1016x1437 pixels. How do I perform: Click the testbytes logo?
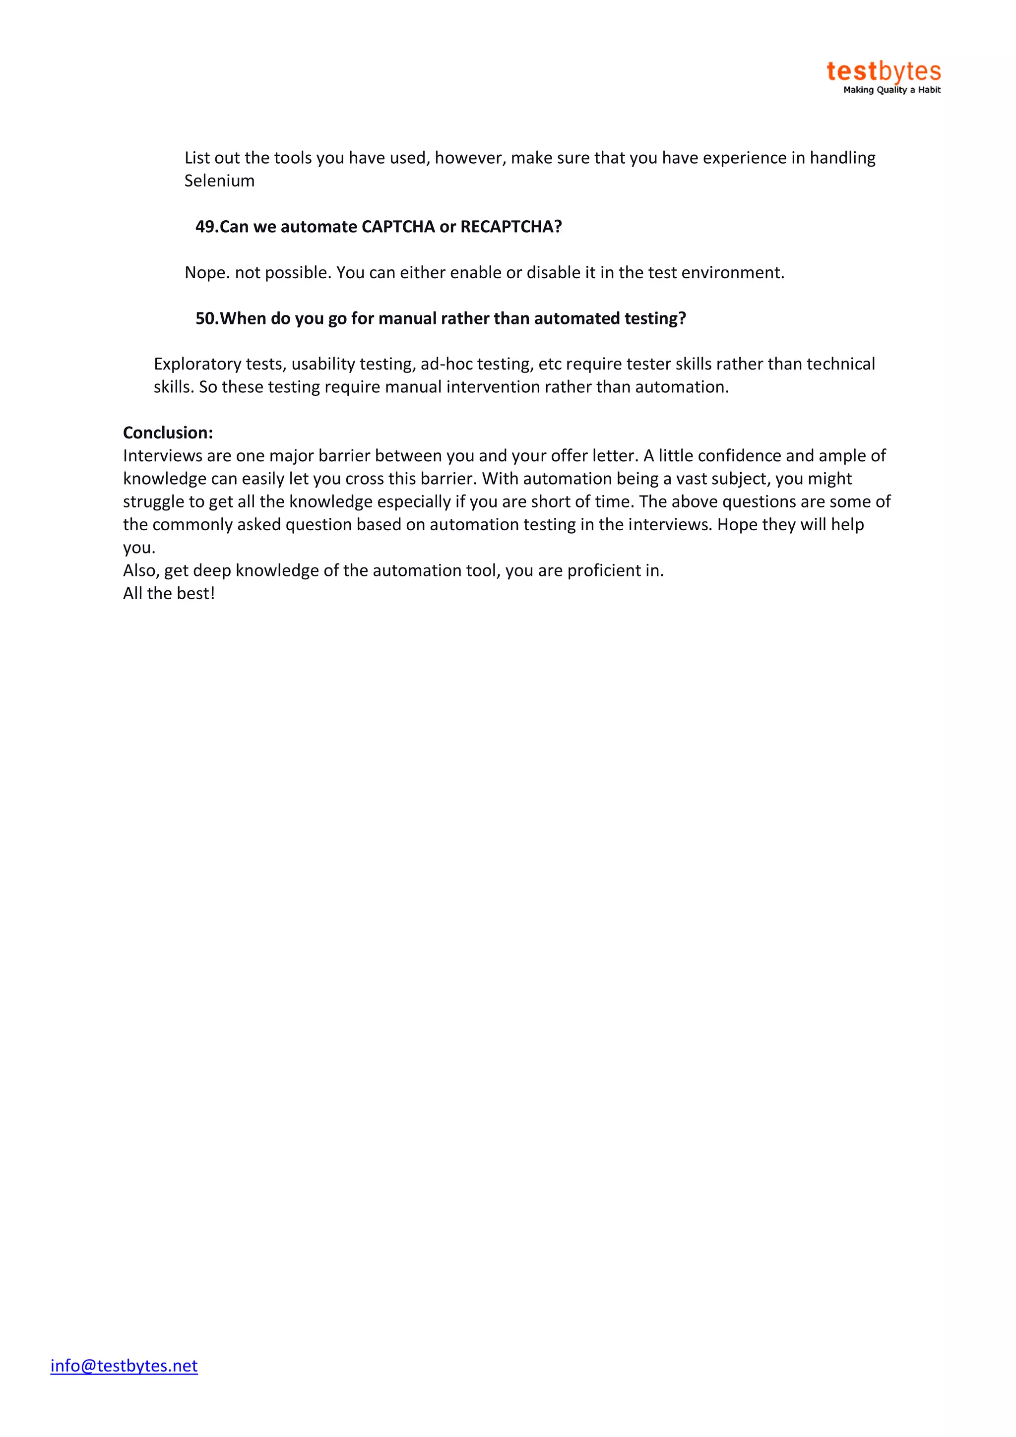(883, 71)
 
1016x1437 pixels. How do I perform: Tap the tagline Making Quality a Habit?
(891, 90)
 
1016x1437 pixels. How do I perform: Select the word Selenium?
(219, 181)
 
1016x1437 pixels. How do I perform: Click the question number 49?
(206, 227)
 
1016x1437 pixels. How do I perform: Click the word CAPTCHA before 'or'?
(398, 227)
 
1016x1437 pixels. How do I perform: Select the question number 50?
(206, 318)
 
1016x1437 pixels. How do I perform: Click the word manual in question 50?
(407, 318)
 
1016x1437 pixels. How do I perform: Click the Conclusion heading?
(168, 433)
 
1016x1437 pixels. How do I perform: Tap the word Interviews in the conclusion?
(160, 456)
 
